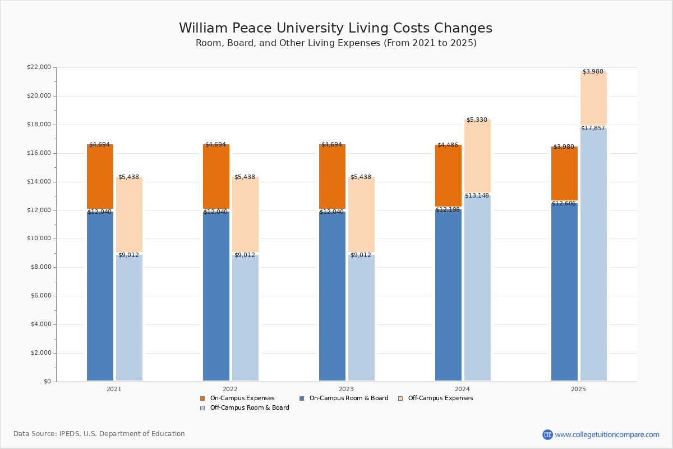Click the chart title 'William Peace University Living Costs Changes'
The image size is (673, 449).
click(x=335, y=28)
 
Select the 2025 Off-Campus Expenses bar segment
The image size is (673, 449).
click(x=593, y=98)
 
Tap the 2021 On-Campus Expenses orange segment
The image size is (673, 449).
click(x=100, y=176)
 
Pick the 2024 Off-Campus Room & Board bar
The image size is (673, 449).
click(x=477, y=288)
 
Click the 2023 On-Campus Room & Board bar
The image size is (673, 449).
click(x=332, y=296)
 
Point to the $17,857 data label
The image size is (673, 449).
click(x=593, y=129)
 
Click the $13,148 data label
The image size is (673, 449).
click(x=477, y=196)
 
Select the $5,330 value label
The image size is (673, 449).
click(x=477, y=120)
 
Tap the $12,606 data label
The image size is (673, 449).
click(x=564, y=204)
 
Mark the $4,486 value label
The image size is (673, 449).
click(x=448, y=145)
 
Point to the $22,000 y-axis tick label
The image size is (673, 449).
click(x=39, y=67)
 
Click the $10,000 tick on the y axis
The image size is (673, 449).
click(x=39, y=239)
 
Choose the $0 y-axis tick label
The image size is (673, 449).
click(x=48, y=381)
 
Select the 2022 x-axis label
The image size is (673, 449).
click(x=230, y=389)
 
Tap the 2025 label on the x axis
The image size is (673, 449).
click(x=578, y=389)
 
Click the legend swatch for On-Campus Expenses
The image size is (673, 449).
click(x=202, y=398)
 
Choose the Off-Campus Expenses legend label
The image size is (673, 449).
click(x=440, y=398)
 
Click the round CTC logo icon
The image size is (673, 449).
click(x=547, y=434)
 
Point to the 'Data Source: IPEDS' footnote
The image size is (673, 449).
click(x=99, y=434)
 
